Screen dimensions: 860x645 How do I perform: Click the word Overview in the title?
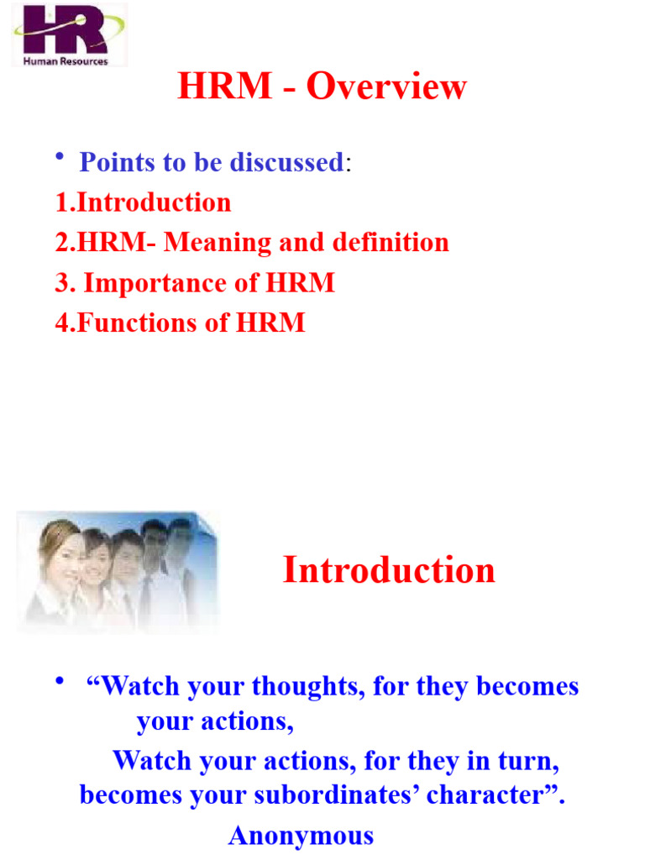point(386,87)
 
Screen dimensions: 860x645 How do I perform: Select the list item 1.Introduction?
point(144,202)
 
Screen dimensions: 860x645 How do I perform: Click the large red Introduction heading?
point(389,570)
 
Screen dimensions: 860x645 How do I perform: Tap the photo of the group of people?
point(117,569)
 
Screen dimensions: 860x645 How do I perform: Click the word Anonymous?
point(301,835)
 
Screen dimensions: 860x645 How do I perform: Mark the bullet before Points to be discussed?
point(60,159)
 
